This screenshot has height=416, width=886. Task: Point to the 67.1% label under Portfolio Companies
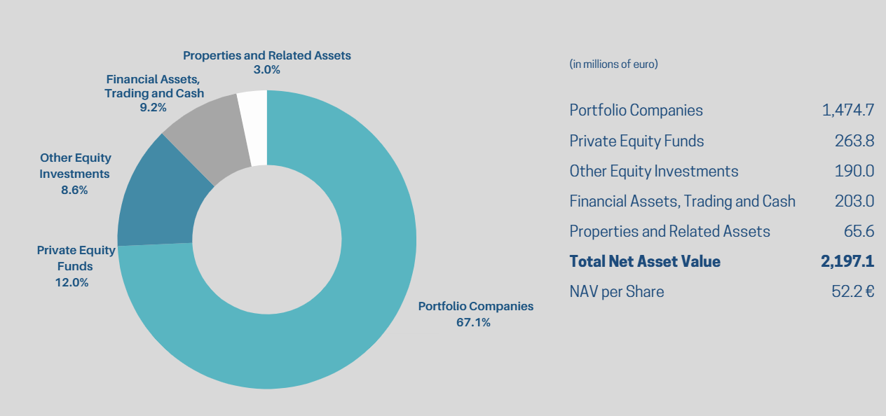point(473,322)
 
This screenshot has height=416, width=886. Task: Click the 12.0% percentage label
point(71,282)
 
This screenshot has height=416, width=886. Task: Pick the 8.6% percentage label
point(74,189)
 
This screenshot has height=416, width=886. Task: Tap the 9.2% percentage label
point(154,107)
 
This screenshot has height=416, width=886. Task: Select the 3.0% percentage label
point(266,69)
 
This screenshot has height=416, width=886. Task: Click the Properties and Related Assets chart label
point(266,55)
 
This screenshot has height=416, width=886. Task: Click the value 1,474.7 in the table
point(847,110)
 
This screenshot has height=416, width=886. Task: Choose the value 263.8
point(854,141)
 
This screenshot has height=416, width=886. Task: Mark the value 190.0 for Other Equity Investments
point(854,171)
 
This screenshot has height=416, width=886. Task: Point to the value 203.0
point(854,201)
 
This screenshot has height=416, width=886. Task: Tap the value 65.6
point(859,231)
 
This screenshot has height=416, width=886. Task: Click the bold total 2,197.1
point(847,261)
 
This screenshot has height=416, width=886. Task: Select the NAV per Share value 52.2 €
point(852,291)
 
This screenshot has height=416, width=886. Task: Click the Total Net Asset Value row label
point(645,261)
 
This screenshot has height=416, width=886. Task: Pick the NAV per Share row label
point(617,291)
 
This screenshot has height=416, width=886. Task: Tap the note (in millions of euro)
point(614,64)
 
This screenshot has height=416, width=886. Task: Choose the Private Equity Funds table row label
point(636,141)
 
